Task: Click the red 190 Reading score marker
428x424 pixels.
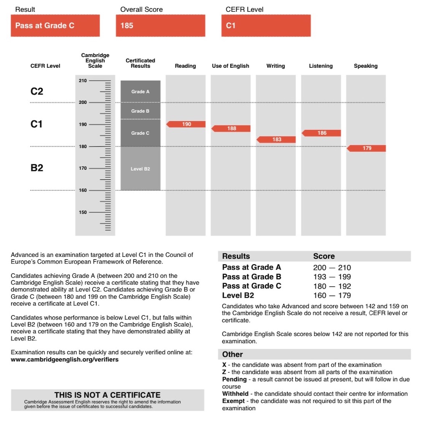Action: click(x=186, y=124)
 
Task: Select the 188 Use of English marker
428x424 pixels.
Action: click(x=231, y=129)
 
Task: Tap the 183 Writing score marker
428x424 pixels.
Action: click(x=276, y=140)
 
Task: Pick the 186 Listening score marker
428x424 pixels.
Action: click(x=321, y=133)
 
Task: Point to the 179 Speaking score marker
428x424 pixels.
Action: click(x=367, y=148)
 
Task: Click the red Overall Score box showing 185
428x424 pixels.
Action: click(x=160, y=26)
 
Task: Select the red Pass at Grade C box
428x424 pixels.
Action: click(x=55, y=26)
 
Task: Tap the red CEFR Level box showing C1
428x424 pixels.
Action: click(x=266, y=26)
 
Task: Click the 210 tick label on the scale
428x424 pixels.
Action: click(x=82, y=81)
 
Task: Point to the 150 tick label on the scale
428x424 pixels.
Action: click(x=82, y=212)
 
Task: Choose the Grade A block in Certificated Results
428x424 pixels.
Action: click(x=140, y=92)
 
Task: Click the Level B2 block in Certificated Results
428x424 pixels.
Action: click(x=140, y=169)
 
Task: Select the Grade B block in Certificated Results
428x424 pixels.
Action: click(x=140, y=111)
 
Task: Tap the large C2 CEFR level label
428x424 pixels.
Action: click(x=37, y=92)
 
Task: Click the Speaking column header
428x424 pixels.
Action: click(x=366, y=66)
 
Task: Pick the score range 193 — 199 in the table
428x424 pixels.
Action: click(x=332, y=277)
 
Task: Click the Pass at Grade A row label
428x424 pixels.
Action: click(x=251, y=268)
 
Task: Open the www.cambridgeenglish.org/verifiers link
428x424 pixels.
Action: click(x=64, y=360)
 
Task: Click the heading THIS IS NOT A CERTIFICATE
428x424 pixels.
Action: click(x=107, y=395)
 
